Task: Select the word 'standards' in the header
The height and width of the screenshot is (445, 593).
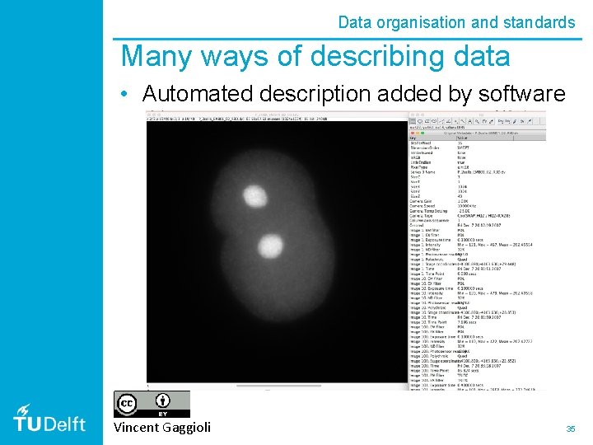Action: [536, 22]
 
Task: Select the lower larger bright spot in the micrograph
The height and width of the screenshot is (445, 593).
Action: [268, 245]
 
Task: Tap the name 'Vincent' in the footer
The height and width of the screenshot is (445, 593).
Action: [138, 427]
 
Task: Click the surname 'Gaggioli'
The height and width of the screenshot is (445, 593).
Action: [188, 427]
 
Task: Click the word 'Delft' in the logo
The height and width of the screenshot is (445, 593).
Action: [69, 424]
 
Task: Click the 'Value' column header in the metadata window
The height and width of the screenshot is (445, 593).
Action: [461, 138]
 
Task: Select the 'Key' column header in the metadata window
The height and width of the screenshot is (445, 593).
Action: [414, 138]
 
